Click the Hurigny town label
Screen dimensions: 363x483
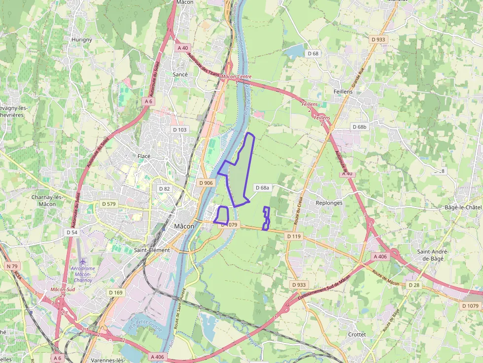pyautogui.click(x=82, y=39)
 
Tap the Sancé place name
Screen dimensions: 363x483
pyautogui.click(x=180, y=74)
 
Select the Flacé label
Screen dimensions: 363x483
pyautogui.click(x=144, y=156)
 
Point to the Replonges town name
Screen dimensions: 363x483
pyautogui.click(x=329, y=203)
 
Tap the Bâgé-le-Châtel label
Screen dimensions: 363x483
pyautogui.click(x=463, y=207)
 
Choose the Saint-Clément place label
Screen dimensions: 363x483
pyautogui.click(x=152, y=250)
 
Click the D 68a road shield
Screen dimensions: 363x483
pyautogui.click(x=263, y=188)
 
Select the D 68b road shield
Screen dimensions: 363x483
pyautogui.click(x=360, y=127)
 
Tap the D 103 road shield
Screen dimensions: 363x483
pyautogui.click(x=180, y=130)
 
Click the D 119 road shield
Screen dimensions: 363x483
pyautogui.click(x=293, y=236)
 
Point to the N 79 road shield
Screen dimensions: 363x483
pyautogui.click(x=12, y=266)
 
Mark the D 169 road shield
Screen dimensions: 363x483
pyautogui.click(x=115, y=293)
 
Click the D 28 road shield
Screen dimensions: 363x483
pyautogui.click(x=414, y=285)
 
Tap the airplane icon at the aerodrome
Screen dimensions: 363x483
pyautogui.click(x=82, y=261)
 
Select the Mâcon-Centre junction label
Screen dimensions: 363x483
pyautogui.click(x=237, y=77)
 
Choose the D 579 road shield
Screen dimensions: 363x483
pyautogui.click(x=108, y=204)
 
